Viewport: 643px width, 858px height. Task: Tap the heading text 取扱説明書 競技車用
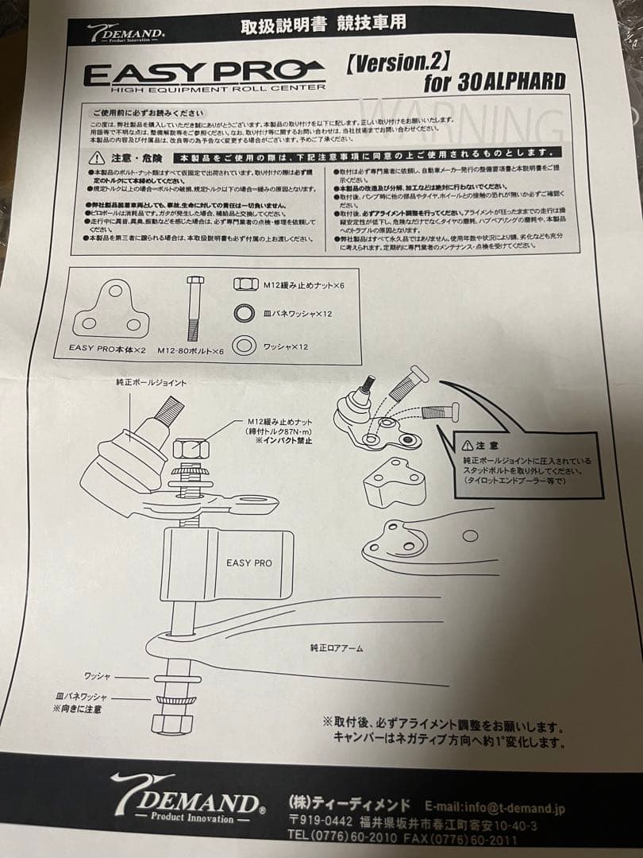323,24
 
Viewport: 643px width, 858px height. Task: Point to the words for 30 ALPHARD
494,82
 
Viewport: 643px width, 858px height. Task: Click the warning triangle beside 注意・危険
96,156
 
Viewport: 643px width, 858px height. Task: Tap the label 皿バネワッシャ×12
298,314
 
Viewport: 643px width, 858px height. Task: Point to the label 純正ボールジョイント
151,382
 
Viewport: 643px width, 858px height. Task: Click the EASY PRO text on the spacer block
248,562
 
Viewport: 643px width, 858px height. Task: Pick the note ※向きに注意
77,709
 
